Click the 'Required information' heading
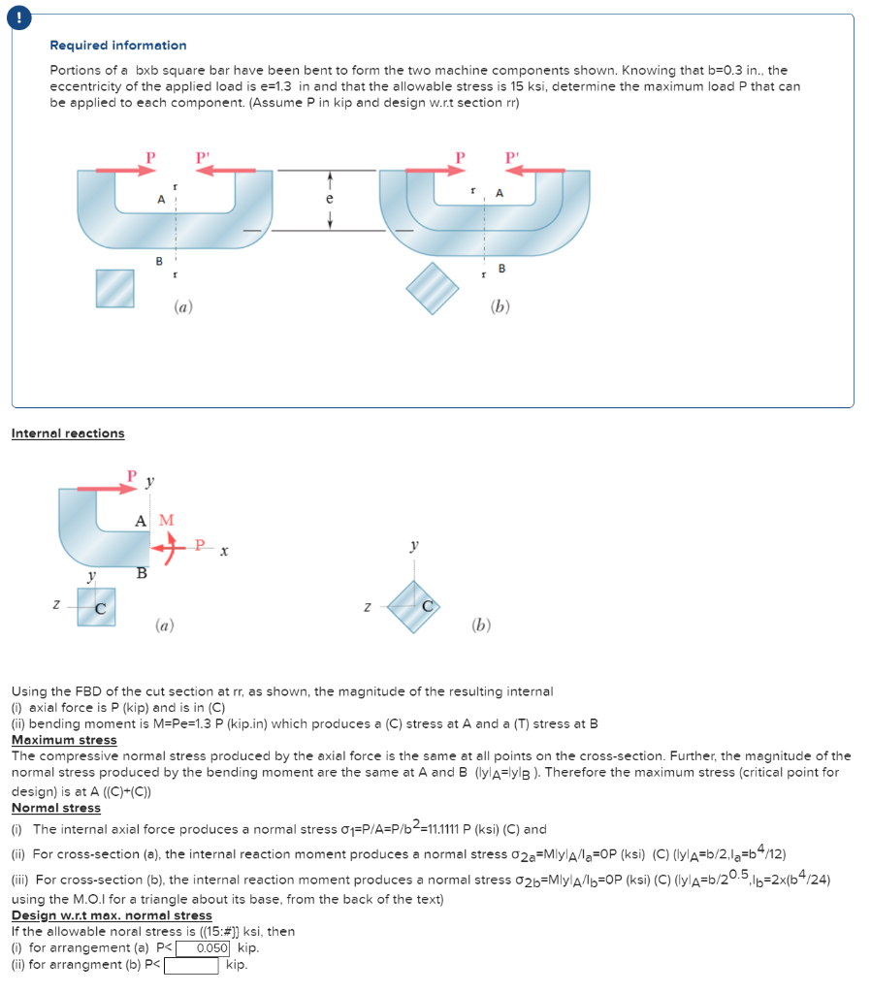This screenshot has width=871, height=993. tap(118, 46)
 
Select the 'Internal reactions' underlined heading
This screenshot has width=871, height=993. tap(68, 433)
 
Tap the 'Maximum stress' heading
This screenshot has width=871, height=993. tap(64, 740)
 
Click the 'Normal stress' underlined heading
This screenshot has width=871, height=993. tap(56, 808)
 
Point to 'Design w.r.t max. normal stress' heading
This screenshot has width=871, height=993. tap(112, 915)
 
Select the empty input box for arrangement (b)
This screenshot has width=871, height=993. tap(191, 966)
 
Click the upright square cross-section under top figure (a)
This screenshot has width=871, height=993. tap(114, 288)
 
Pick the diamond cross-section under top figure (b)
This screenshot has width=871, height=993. tap(432, 288)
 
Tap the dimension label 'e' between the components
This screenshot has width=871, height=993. tap(330, 198)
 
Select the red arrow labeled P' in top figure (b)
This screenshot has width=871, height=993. tap(532, 171)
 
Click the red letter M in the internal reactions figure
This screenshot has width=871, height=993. tap(167, 521)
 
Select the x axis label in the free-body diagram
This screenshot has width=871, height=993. tap(223, 552)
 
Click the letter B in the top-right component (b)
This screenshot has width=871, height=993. tap(501, 268)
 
